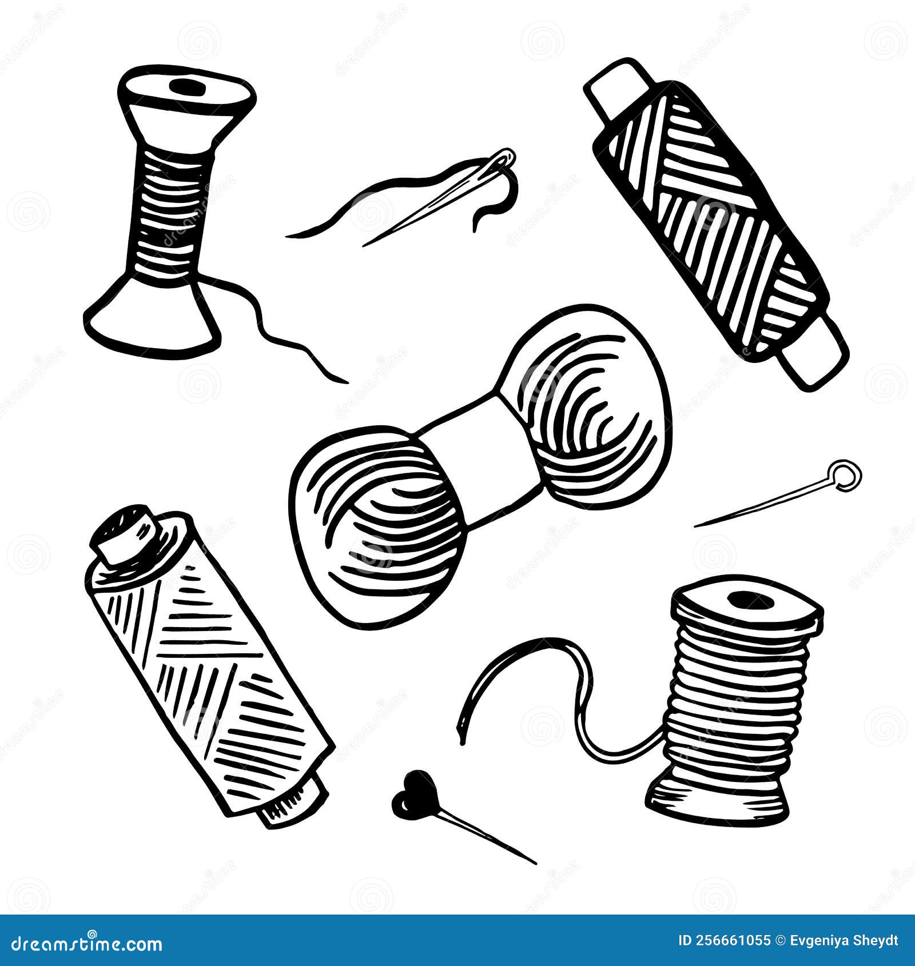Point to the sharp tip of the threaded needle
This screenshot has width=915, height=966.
364,246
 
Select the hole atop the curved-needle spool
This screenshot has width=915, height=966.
750,600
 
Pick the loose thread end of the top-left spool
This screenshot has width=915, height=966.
346,381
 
